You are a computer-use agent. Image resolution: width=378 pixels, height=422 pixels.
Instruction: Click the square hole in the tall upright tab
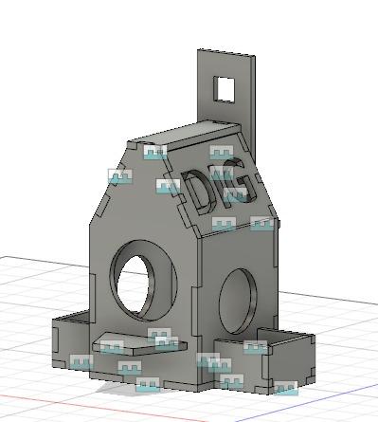pyautogui.click(x=225, y=89)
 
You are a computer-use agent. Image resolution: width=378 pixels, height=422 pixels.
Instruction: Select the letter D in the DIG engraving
pyautogui.click(x=196, y=192)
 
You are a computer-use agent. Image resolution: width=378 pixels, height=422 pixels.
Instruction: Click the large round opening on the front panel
pyautogui.click(x=143, y=281)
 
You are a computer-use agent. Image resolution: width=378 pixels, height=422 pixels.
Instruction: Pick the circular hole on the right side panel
pyautogui.click(x=239, y=302)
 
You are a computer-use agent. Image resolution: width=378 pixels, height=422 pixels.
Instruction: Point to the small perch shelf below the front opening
pyautogui.click(x=139, y=343)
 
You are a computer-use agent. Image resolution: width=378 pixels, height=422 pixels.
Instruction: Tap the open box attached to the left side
pyautogui.click(x=71, y=339)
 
